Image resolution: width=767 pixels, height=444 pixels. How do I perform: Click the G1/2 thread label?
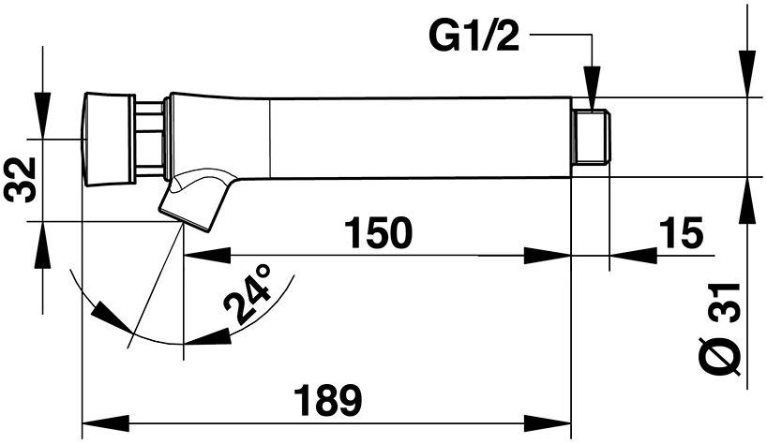[x=477, y=38]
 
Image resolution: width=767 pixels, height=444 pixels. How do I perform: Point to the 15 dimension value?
[x=681, y=233]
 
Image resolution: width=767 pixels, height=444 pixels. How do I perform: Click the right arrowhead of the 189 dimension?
[x=554, y=420]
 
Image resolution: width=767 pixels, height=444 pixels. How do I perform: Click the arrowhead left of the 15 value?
[x=630, y=254]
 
